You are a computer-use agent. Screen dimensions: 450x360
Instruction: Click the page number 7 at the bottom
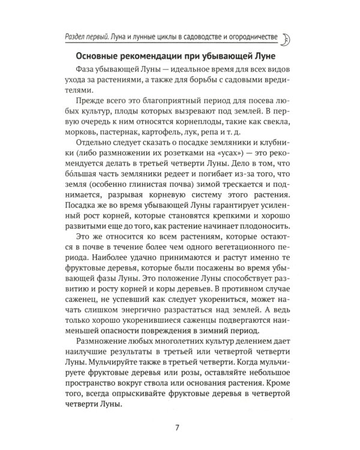coord(176,427)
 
